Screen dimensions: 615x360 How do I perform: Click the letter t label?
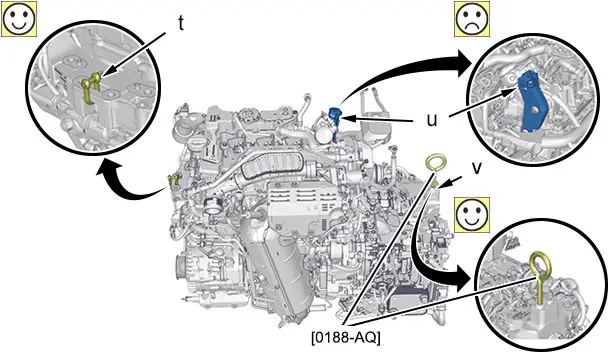pyautogui.click(x=181, y=24)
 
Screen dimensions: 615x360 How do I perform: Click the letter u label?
pyautogui.click(x=432, y=120)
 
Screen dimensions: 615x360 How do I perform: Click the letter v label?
pyautogui.click(x=477, y=168)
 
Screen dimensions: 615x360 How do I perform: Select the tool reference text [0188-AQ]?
pyautogui.click(x=346, y=337)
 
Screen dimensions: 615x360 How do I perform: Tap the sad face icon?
pyautogui.click(x=472, y=18)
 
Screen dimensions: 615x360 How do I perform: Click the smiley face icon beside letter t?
pyautogui.click(x=18, y=18)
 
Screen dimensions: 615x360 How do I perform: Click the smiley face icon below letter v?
pyautogui.click(x=472, y=215)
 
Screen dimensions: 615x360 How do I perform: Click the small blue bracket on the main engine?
pyautogui.click(x=335, y=118)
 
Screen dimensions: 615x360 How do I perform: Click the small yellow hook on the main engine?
pyautogui.click(x=172, y=181)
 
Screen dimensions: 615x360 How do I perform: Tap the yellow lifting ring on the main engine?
pyautogui.click(x=435, y=162)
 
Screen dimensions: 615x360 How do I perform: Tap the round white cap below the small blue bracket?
pyautogui.click(x=323, y=136)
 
